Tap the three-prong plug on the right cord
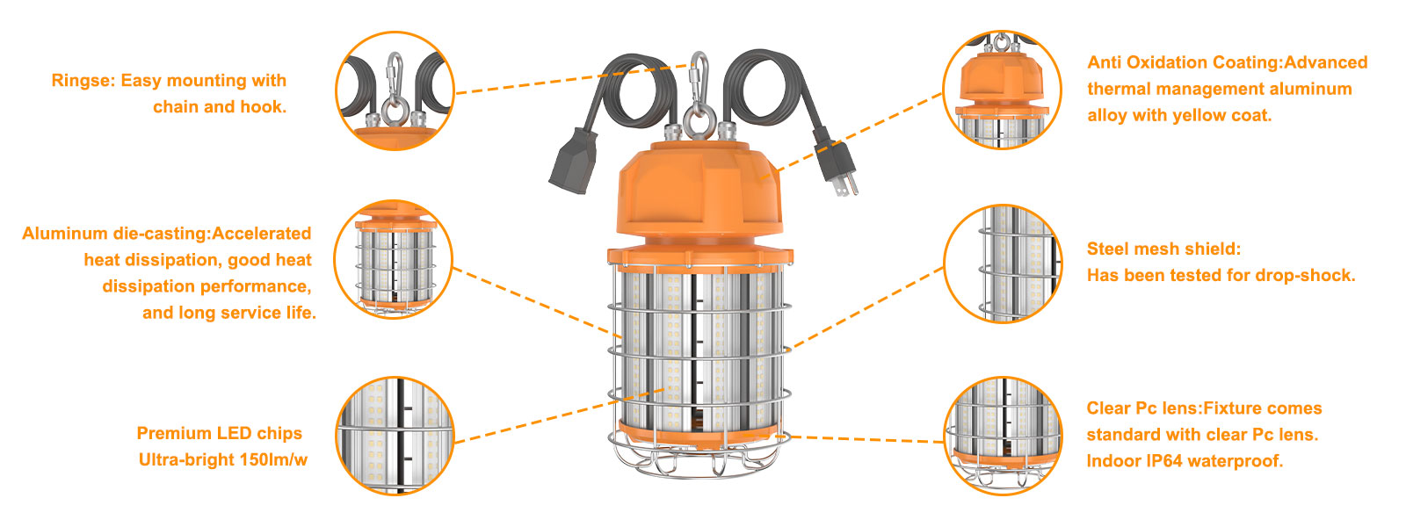[x=837, y=166]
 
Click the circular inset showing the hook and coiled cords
[x=395, y=91]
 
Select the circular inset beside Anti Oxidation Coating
[x=1002, y=90]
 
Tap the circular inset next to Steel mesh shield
[x=1003, y=263]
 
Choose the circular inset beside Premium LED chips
[x=395, y=436]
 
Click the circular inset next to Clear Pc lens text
[x=1003, y=436]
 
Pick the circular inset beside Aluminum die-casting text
[x=393, y=260]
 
